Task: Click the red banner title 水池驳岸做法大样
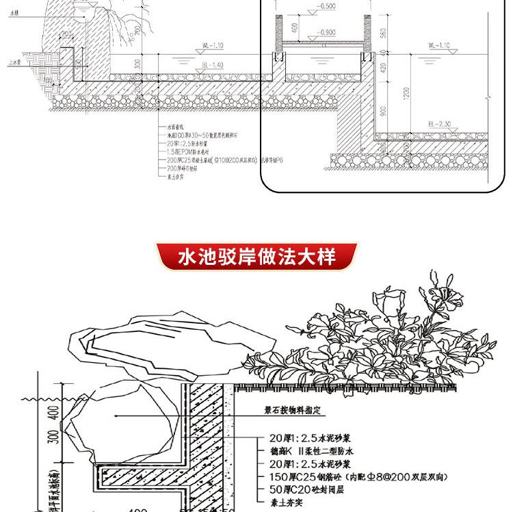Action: click(256, 257)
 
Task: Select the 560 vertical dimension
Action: click(383, 35)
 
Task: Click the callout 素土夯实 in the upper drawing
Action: click(176, 175)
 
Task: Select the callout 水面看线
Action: click(175, 128)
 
